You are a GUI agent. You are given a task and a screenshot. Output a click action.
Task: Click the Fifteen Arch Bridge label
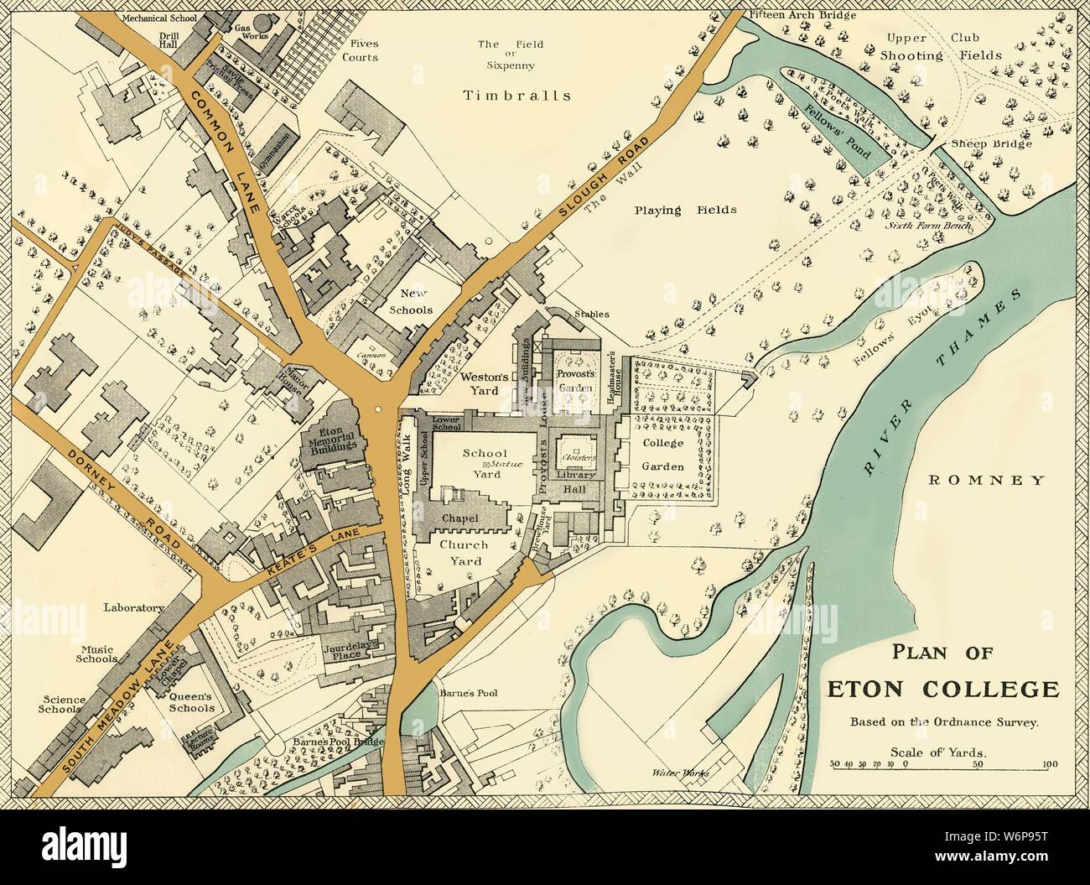[x=792, y=14]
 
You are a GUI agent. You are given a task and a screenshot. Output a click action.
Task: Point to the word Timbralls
[x=517, y=96]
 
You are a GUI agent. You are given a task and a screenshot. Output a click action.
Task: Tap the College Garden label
[x=664, y=455]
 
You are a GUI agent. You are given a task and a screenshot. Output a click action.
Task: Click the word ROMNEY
[x=986, y=481]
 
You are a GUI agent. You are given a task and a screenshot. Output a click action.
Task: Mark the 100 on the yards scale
[x=1047, y=764]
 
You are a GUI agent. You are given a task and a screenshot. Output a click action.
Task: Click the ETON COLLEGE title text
[x=943, y=690]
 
